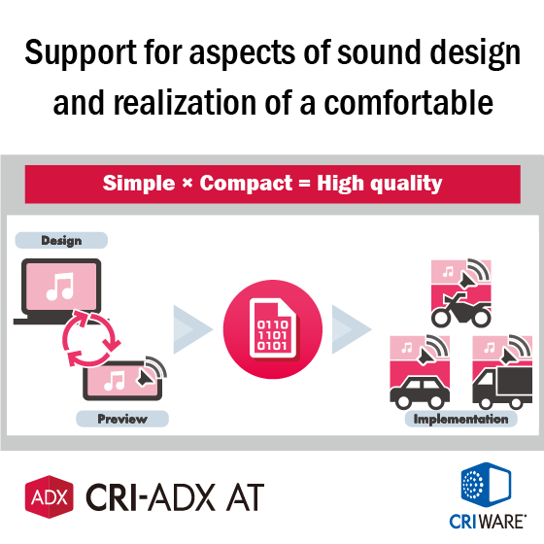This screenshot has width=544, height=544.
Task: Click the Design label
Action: [x=61, y=240]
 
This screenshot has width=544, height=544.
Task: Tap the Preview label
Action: [x=122, y=419]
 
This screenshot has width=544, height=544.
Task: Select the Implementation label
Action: [x=461, y=419]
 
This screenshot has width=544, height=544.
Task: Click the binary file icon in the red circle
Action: [x=273, y=328]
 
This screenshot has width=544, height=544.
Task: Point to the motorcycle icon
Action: [x=461, y=310]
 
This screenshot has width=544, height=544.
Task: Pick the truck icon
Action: [x=502, y=388]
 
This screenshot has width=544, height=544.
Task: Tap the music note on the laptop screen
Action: [x=60, y=287]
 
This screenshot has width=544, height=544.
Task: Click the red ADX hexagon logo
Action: [x=50, y=496]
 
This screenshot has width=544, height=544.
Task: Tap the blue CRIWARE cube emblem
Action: [x=486, y=485]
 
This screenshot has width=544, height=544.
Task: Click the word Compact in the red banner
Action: [x=246, y=183]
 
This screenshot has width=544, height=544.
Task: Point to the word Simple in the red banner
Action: [x=139, y=184]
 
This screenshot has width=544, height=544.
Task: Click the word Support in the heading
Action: [x=81, y=53]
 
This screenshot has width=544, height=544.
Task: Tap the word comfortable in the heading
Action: [x=408, y=102]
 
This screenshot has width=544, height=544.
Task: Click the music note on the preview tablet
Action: [x=115, y=381]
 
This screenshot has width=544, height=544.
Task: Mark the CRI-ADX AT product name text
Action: [x=175, y=497]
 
